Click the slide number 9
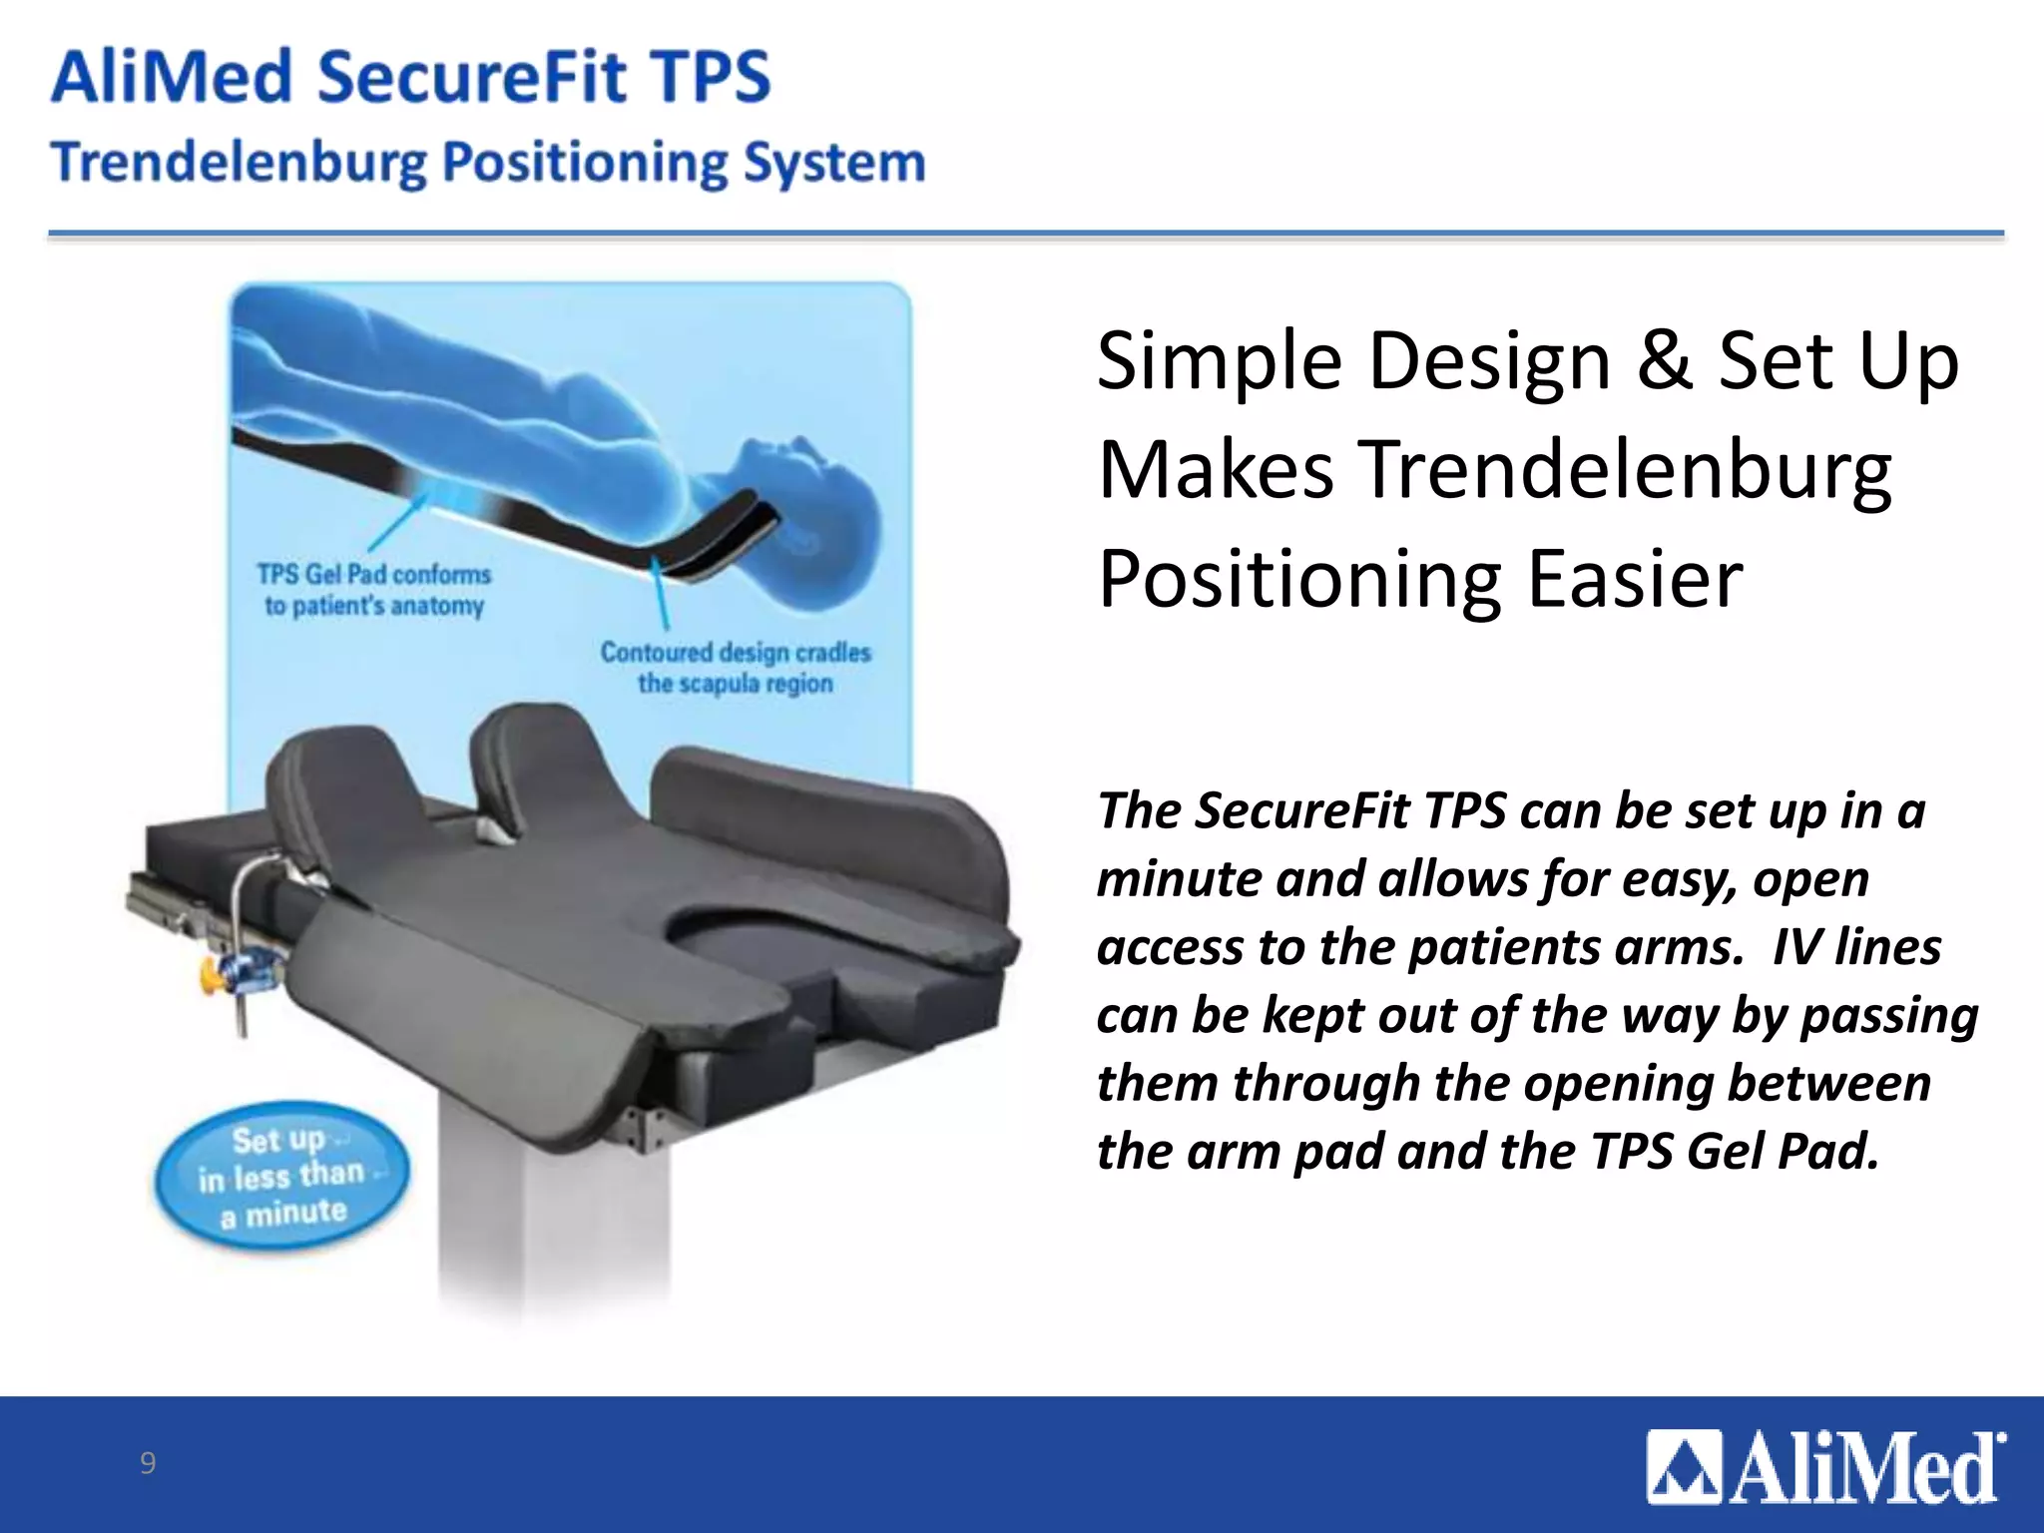pos(148,1462)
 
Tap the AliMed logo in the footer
pos(1825,1467)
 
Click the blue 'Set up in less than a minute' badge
pos(281,1177)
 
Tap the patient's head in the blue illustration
pos(808,499)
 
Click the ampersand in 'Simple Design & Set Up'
pos(1664,360)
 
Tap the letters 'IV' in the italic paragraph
pos(1794,947)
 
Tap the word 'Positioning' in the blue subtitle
pos(586,163)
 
